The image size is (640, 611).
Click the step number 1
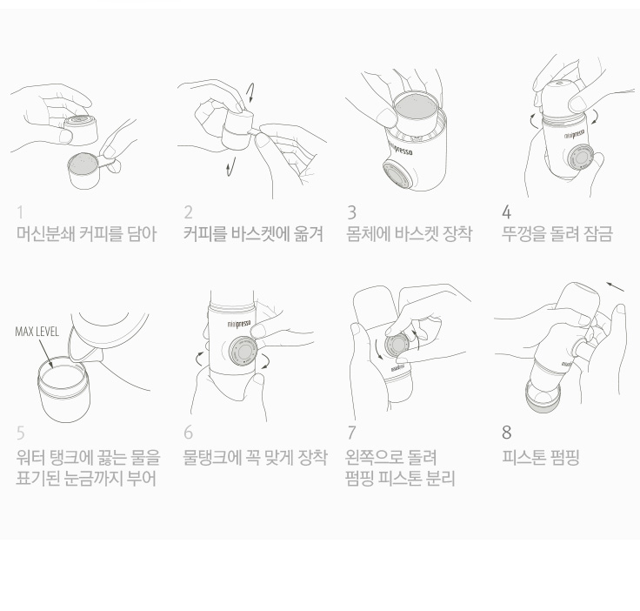[x=20, y=212]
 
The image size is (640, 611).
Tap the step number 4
[x=506, y=212]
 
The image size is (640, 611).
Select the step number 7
[x=351, y=433]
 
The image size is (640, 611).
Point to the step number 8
[x=507, y=433]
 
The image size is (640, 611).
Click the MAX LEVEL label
[x=37, y=332]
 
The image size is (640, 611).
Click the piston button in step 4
[x=580, y=158]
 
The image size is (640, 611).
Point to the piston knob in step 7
[x=397, y=346]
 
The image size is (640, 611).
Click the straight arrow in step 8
[x=615, y=286]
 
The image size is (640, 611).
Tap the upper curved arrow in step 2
[x=250, y=93]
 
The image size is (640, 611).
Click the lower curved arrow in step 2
[x=230, y=167]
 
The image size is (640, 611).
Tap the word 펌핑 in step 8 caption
[x=564, y=457]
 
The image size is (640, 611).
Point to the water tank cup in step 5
[x=63, y=391]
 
